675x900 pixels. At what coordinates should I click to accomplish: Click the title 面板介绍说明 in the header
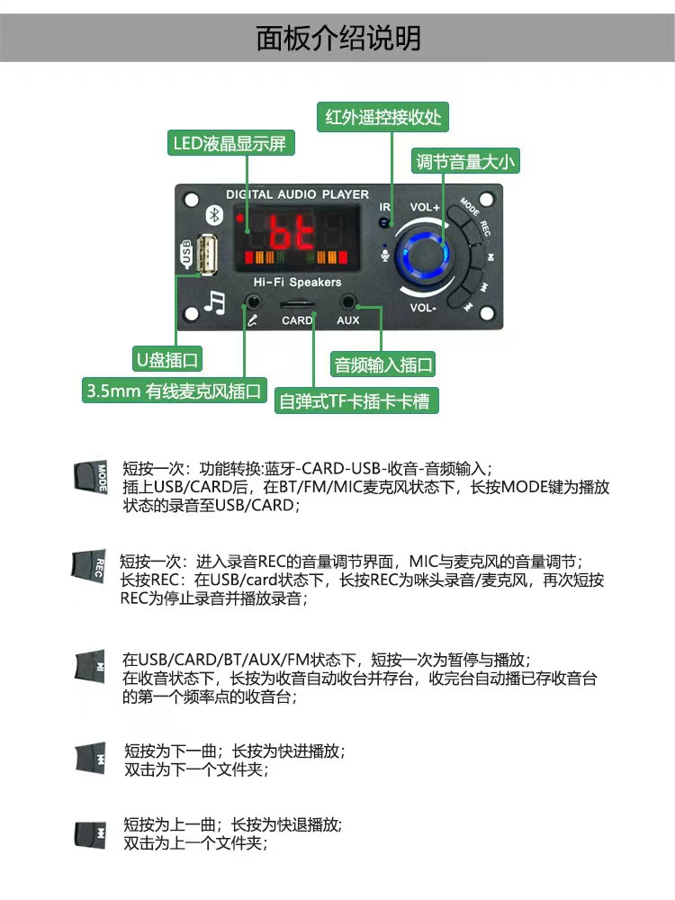coord(337,39)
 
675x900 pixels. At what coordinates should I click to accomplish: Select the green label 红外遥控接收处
coord(383,117)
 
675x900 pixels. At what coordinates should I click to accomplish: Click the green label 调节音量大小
coord(465,162)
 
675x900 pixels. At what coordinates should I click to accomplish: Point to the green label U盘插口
coord(168,361)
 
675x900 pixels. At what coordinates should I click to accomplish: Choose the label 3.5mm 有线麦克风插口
coord(175,391)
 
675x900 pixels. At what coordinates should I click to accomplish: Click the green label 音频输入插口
coord(384,364)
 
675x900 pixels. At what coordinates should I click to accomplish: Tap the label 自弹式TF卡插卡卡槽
coord(356,401)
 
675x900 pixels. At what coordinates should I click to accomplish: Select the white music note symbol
coord(214,301)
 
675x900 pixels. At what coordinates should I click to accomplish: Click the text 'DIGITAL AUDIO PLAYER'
coord(297,194)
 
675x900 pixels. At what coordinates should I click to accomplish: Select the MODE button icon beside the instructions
coord(90,475)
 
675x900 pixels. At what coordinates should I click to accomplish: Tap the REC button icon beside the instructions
coord(88,566)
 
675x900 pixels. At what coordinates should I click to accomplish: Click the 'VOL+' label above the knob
coord(425,207)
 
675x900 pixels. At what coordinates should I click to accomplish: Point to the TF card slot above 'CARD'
coord(297,305)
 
